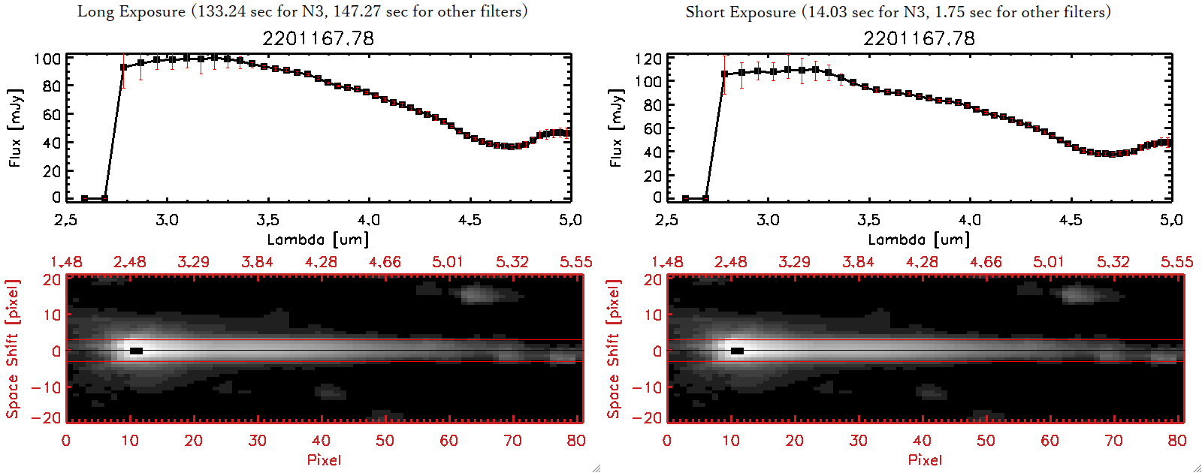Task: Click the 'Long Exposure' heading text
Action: (x=131, y=11)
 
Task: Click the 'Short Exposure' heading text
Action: (x=740, y=12)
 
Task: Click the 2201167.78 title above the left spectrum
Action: (x=318, y=38)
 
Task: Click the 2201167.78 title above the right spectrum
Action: (x=919, y=38)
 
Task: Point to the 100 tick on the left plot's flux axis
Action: (x=47, y=59)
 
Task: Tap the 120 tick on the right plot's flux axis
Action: (x=648, y=59)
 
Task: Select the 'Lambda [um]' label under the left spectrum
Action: (x=318, y=240)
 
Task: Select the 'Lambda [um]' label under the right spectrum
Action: (x=919, y=240)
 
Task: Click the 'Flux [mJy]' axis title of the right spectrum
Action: (x=616, y=128)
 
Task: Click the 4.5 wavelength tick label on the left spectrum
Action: (x=470, y=220)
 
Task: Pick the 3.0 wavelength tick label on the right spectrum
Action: (x=768, y=220)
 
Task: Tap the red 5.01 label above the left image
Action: (x=448, y=262)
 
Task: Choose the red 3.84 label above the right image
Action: (x=858, y=262)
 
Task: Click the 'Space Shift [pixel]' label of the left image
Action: (x=12, y=349)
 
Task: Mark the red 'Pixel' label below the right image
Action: (x=925, y=459)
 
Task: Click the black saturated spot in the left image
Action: (x=136, y=351)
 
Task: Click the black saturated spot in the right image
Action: (x=737, y=351)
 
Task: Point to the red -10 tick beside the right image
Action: (x=648, y=387)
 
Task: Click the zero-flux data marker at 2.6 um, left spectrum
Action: (x=85, y=199)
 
